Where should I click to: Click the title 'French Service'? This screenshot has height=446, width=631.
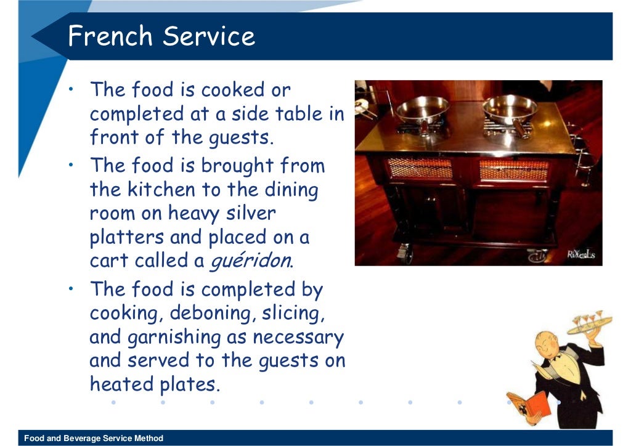[161, 36]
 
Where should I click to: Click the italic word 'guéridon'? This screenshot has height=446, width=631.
[251, 261]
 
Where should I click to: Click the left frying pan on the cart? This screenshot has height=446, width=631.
[421, 110]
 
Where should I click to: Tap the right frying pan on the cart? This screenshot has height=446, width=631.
[510, 109]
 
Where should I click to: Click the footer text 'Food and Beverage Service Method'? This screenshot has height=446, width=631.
[94, 439]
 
